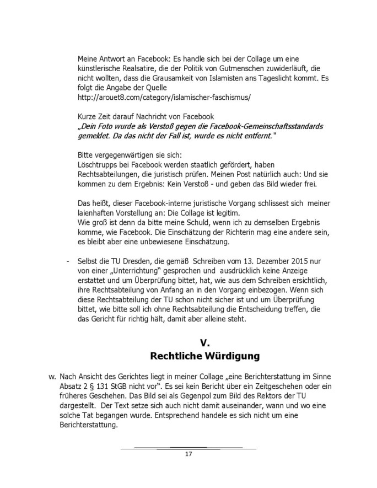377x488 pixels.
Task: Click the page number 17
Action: coord(188,454)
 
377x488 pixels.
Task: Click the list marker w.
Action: coord(52,377)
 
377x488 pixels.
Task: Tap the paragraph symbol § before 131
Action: coord(95,387)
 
